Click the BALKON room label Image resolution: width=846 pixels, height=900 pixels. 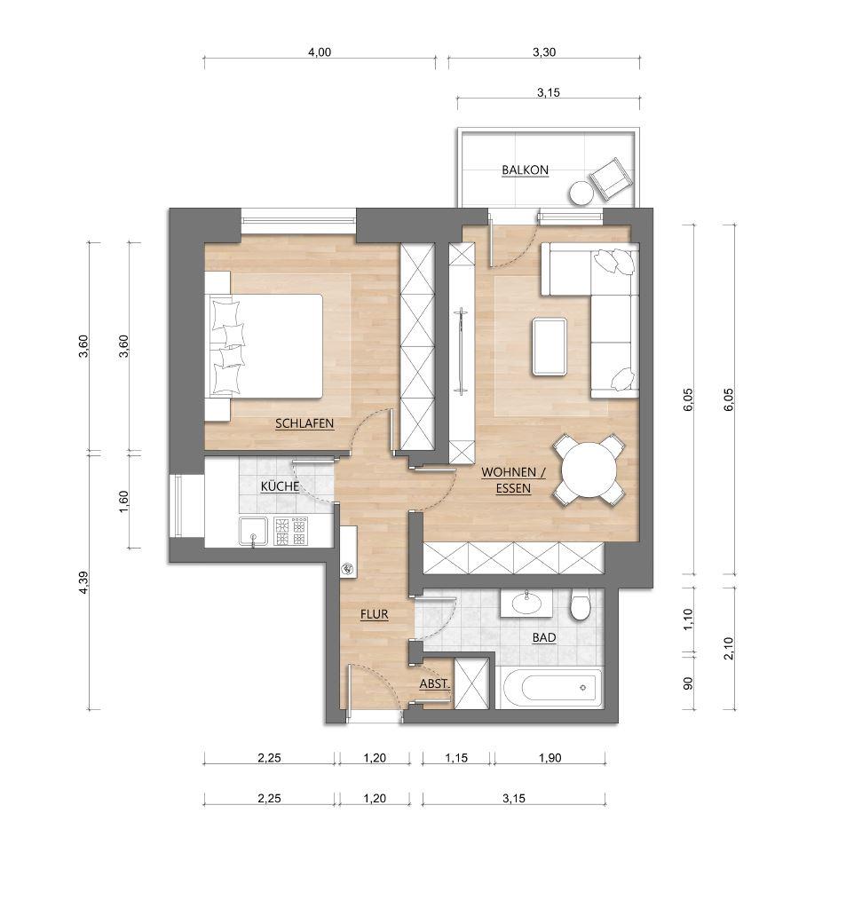coord(525,170)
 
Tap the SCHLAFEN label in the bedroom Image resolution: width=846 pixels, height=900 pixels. coord(304,423)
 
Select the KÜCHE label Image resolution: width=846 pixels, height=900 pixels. coord(280,486)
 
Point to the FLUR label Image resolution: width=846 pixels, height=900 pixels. coord(375,614)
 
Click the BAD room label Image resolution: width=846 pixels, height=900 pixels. coord(543,637)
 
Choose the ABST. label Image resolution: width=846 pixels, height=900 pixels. coord(434,684)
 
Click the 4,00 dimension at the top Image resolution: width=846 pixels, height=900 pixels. coord(320,52)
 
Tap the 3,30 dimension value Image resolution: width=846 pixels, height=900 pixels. coord(544,52)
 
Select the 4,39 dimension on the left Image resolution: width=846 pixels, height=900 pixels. coord(83,582)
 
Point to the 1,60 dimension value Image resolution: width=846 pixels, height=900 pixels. coord(124,501)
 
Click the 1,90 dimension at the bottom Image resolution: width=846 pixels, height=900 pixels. coord(550,758)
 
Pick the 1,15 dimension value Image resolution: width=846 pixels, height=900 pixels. coord(456,758)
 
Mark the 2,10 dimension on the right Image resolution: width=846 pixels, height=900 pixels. coord(729,648)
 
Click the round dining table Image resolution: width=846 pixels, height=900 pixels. coord(589,470)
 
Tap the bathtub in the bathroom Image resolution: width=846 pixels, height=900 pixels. coord(550,688)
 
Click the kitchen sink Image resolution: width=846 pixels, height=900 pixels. coord(254,532)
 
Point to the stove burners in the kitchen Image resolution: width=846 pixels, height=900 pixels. coord(290,532)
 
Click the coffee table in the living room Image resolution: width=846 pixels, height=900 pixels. coord(550,347)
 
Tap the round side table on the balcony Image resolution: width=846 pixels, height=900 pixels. coord(581,193)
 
